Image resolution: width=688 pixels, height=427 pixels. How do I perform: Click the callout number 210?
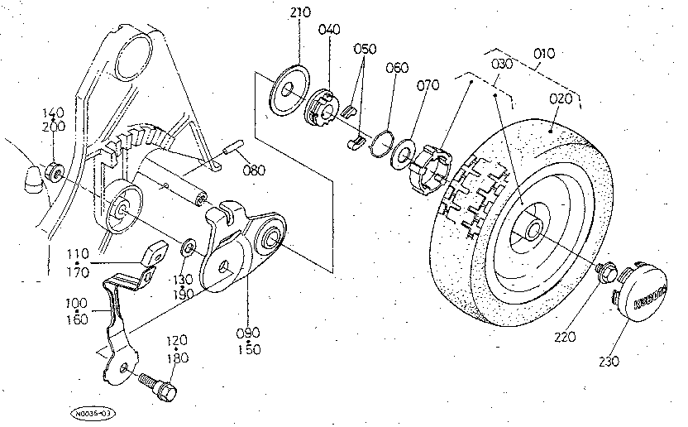[x=299, y=14]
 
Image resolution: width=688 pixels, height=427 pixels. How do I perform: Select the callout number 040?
[x=329, y=29]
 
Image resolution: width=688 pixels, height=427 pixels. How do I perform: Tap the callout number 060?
[x=396, y=68]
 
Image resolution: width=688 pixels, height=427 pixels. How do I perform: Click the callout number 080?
[x=255, y=171]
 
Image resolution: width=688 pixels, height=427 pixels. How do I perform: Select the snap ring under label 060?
[x=380, y=140]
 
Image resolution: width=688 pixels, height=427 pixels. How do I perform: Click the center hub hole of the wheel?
[x=533, y=228]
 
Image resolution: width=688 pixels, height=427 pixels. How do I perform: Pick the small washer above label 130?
[x=189, y=247]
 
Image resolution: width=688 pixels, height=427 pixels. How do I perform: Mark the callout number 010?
[x=543, y=55]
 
